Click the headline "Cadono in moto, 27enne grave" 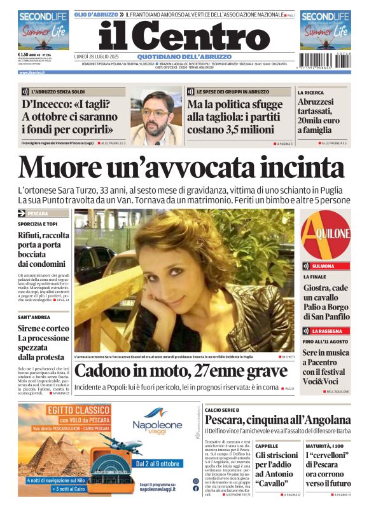tap(181, 371)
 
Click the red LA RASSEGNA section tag tap(327, 331)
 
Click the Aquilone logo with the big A tap(325, 234)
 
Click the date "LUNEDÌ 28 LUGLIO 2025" tap(97, 56)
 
